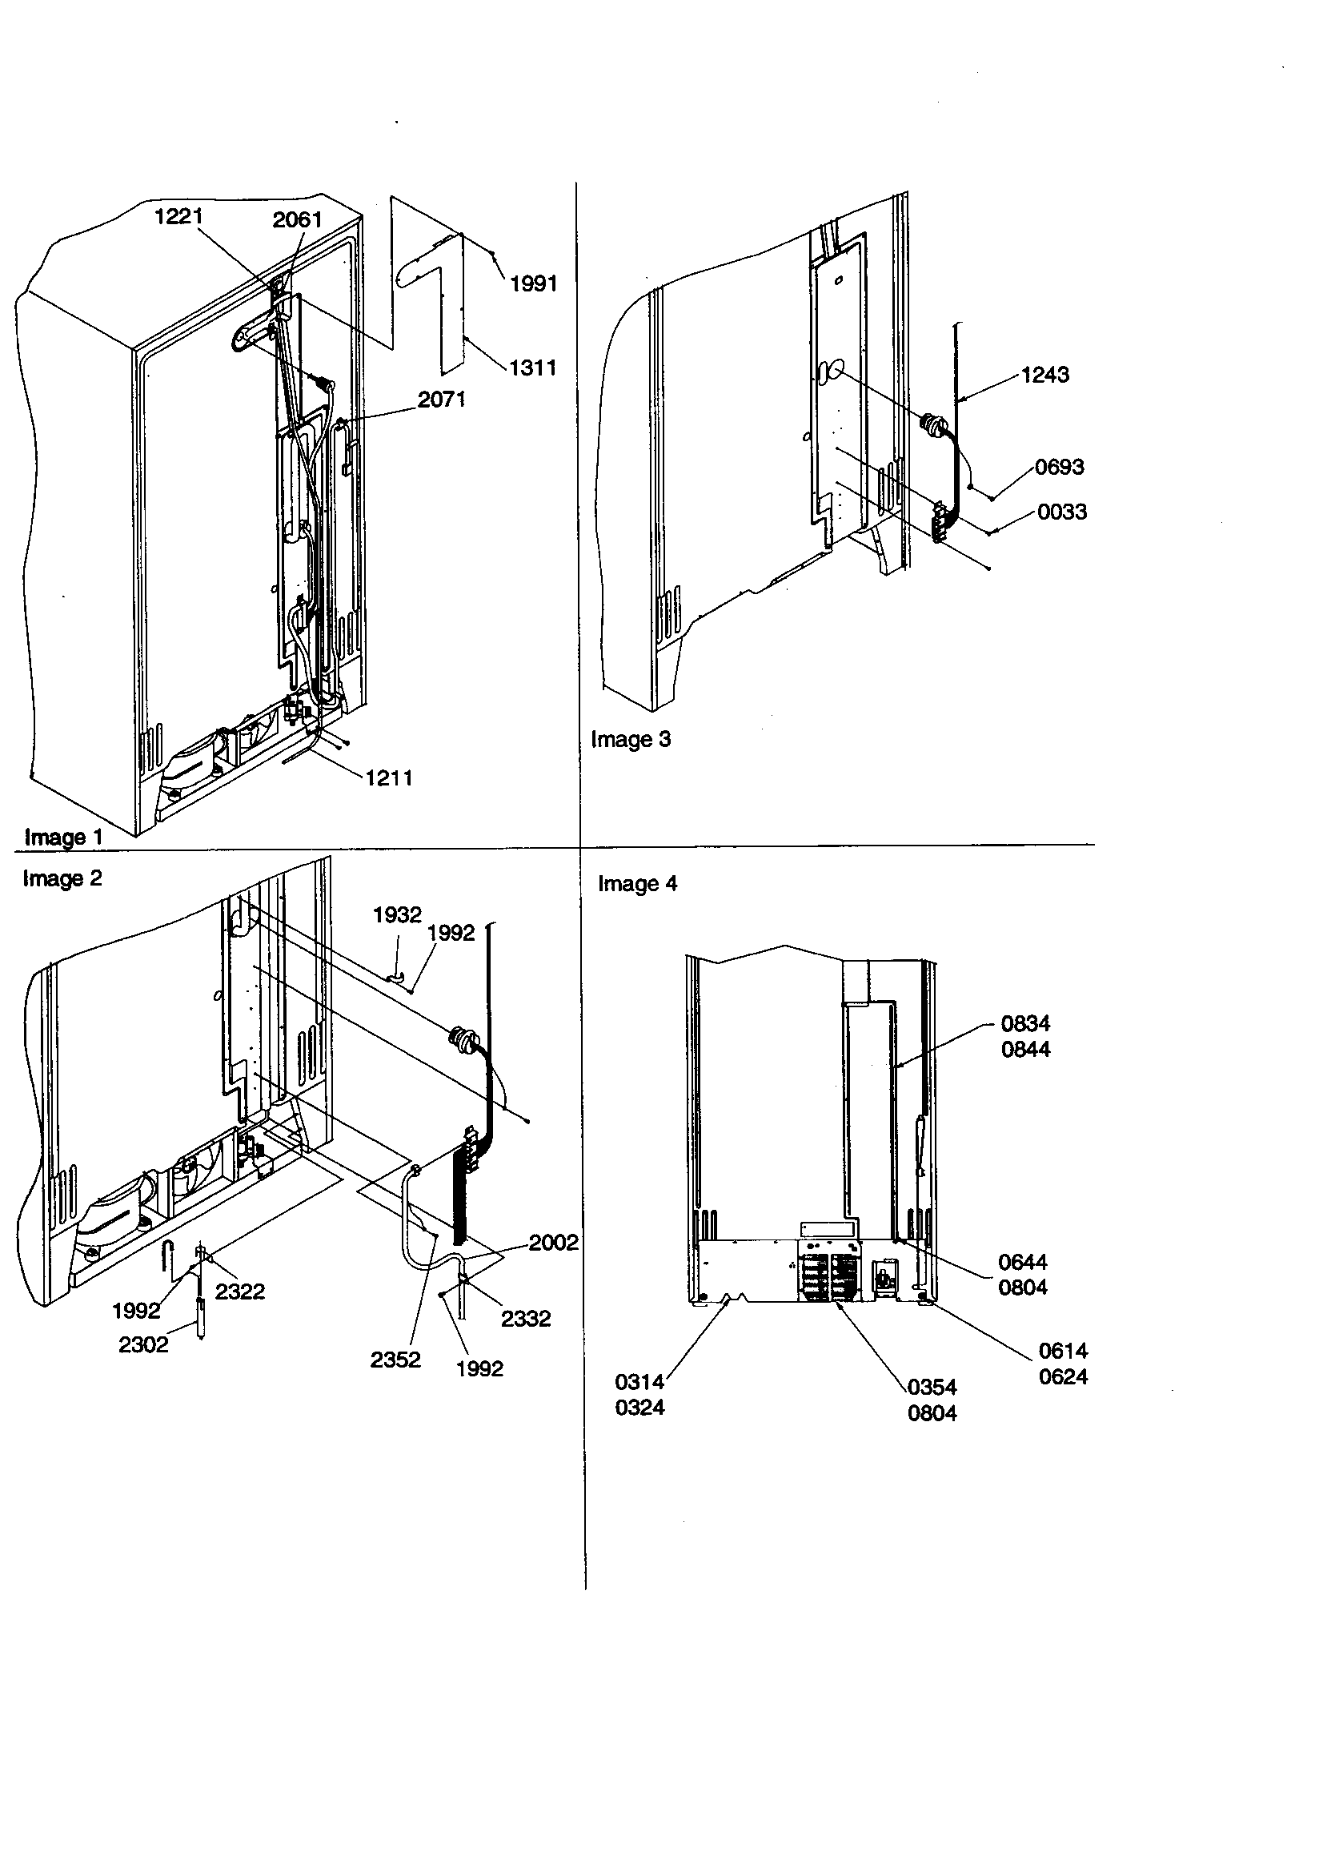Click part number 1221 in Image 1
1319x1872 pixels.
178,216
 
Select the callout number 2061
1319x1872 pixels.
297,219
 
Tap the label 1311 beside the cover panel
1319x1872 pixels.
532,368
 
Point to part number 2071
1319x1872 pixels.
441,399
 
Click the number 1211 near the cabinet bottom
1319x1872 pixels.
388,777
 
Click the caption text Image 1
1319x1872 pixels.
63,838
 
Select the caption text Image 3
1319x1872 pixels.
630,740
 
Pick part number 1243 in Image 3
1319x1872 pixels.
1044,374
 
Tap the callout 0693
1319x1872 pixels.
1059,467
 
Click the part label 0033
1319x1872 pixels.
1061,512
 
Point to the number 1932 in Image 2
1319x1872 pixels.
397,915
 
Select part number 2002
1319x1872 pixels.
553,1243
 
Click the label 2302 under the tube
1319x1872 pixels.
143,1344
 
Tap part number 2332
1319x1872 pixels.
525,1319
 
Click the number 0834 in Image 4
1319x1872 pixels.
1024,1023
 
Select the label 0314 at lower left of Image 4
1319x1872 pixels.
639,1382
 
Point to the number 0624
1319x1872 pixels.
1062,1376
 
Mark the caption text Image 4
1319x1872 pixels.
637,884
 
